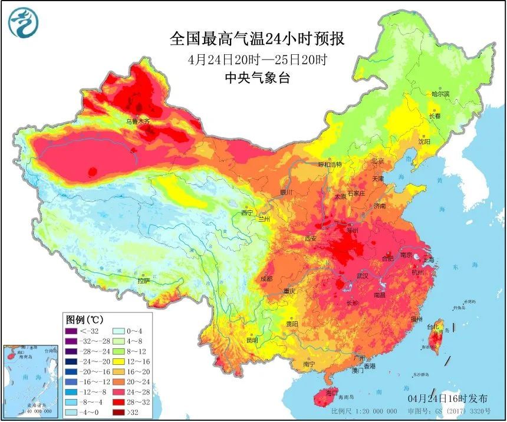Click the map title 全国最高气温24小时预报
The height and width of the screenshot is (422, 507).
(256, 40)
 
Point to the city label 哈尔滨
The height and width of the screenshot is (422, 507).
(440, 94)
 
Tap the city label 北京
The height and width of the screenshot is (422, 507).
(378, 161)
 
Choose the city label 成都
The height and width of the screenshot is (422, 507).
(266, 279)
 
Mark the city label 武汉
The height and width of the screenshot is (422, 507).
(363, 275)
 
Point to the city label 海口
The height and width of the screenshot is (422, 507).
(332, 392)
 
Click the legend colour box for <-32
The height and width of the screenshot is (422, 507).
(71, 331)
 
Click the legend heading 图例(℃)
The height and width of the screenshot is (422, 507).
(85, 320)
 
